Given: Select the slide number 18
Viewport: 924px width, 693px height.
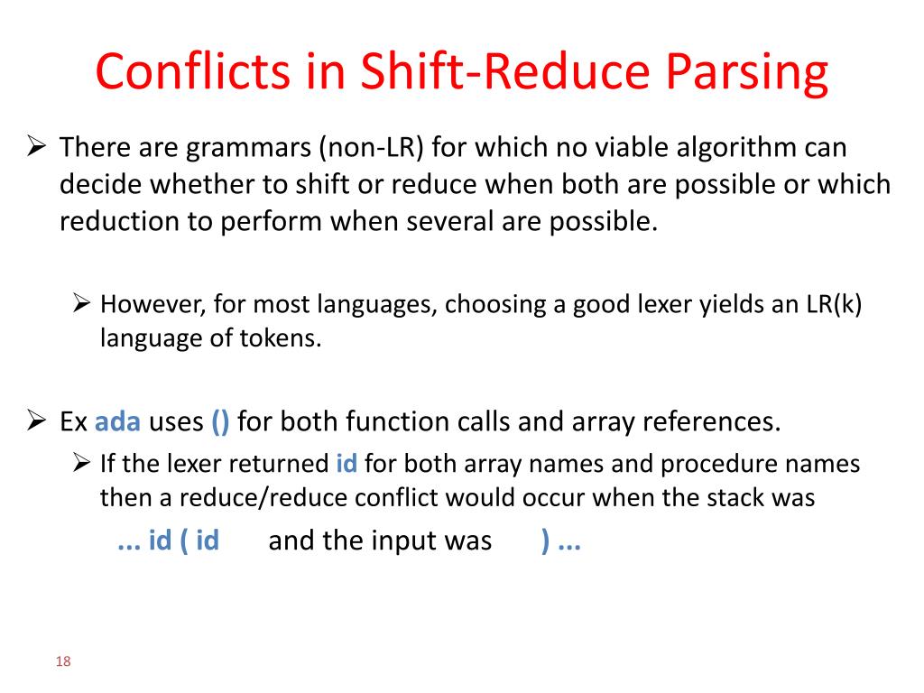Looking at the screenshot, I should [63, 662].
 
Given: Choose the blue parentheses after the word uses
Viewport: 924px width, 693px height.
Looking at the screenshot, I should [220, 421].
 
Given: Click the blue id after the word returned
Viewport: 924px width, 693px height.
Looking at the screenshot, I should [346, 464].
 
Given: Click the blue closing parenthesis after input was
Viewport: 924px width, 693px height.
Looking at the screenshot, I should [546, 541].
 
